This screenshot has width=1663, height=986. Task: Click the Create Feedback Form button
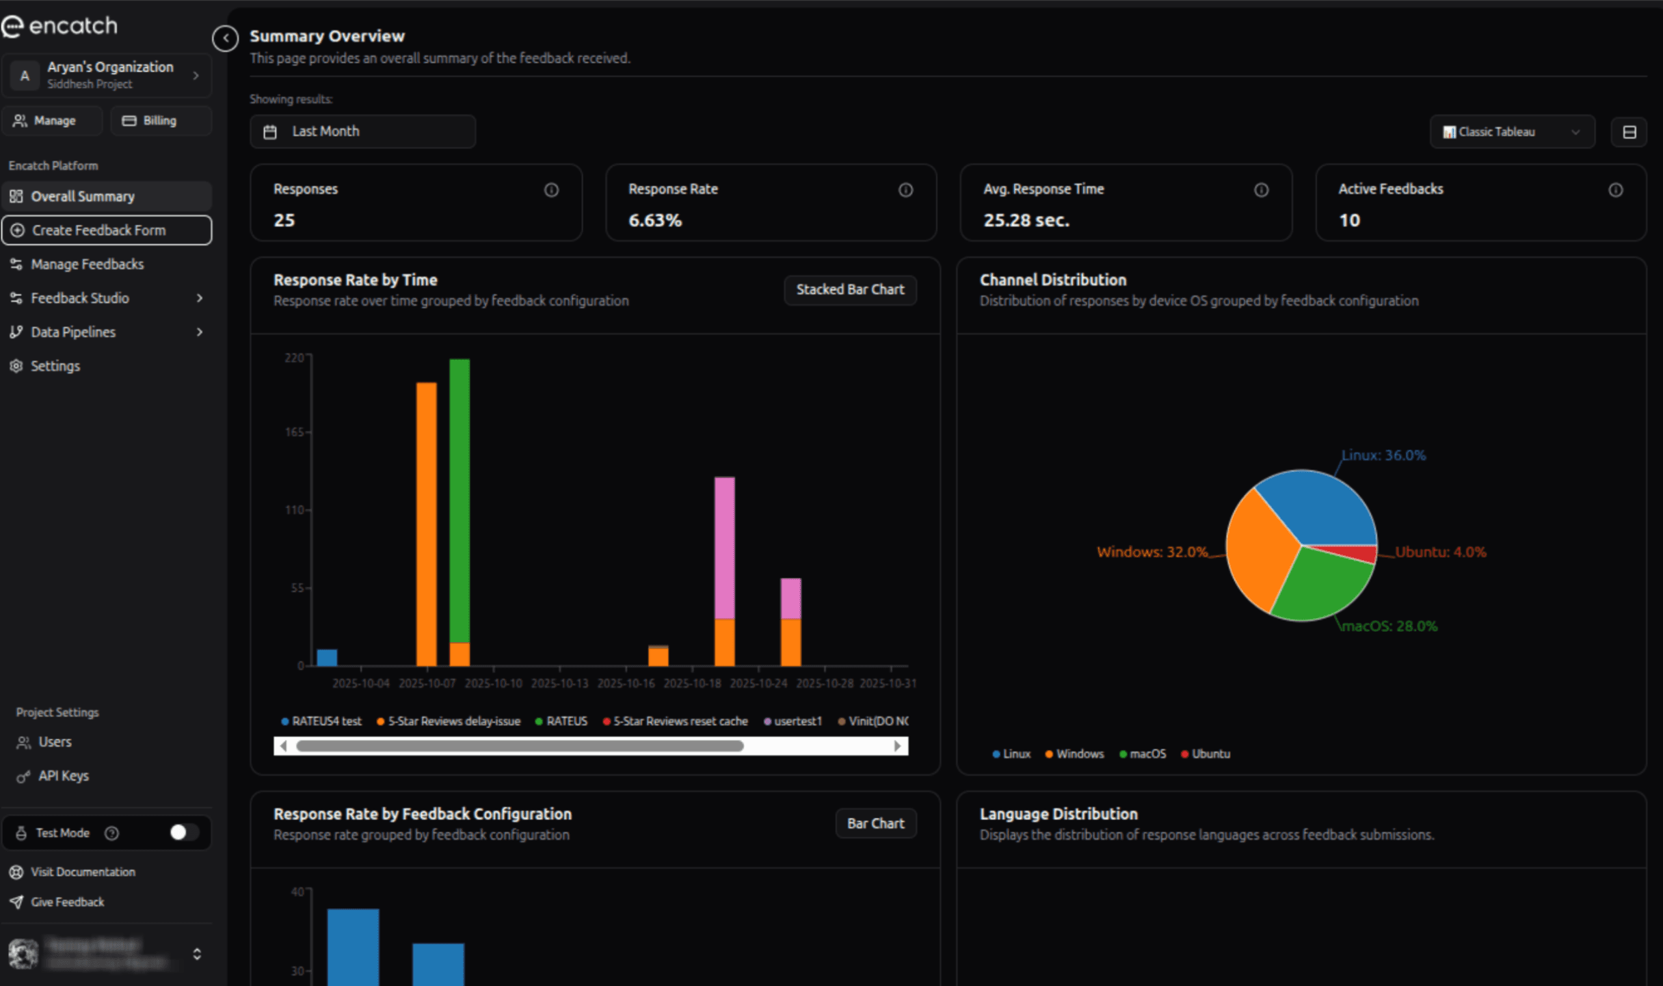pyautogui.click(x=106, y=230)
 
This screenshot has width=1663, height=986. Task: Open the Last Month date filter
pyautogui.click(x=362, y=131)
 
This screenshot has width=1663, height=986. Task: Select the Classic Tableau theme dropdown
pyautogui.click(x=1511, y=132)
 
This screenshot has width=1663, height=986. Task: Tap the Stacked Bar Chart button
pyautogui.click(x=849, y=290)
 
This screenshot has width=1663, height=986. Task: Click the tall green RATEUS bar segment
pyautogui.click(x=460, y=499)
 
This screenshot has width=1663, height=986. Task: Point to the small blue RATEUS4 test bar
pyautogui.click(x=327, y=657)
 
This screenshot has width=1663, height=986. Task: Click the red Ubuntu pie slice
pyautogui.click(x=1357, y=552)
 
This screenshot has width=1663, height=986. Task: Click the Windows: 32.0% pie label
pyautogui.click(x=1152, y=552)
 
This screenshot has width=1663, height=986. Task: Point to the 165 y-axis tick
pyautogui.click(x=294, y=432)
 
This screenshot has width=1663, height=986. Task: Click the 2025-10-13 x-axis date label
pyautogui.click(x=559, y=683)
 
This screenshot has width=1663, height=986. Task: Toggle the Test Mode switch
pyautogui.click(x=183, y=832)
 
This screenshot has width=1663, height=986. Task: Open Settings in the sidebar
pyautogui.click(x=55, y=366)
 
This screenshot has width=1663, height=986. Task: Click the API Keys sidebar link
pyautogui.click(x=63, y=775)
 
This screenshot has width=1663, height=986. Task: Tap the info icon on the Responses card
pyautogui.click(x=551, y=190)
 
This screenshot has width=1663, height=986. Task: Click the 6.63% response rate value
pyautogui.click(x=654, y=220)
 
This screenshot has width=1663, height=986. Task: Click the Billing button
pyautogui.click(x=159, y=121)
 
